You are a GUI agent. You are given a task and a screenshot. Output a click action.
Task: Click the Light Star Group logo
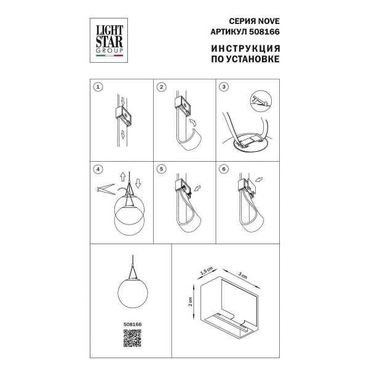[109, 40]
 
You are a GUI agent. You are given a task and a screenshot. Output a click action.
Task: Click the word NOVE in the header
[269, 21]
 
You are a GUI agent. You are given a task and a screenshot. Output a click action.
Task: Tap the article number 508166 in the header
[264, 32]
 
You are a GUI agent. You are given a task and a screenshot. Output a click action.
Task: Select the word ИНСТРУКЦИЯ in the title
[245, 49]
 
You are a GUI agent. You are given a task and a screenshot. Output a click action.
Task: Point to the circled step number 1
[98, 87]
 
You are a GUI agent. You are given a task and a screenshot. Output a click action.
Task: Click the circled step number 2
[161, 87]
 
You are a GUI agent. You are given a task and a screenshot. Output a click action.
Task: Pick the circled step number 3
[224, 87]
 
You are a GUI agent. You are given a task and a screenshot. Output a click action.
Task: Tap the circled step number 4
[98, 169]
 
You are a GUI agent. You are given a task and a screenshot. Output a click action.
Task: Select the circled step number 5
[161, 169]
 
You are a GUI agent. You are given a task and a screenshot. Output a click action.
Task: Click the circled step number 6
[224, 169]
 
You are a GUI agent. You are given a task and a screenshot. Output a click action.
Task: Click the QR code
[132, 338]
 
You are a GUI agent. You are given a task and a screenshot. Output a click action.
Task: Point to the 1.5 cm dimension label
[207, 271]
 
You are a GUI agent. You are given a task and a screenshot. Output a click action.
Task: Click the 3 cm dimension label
[243, 275]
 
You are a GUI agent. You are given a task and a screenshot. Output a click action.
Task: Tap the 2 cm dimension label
[190, 301]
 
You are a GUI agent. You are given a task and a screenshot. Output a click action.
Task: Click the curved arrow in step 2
[193, 123]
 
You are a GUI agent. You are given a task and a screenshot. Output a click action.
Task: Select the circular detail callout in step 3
[261, 101]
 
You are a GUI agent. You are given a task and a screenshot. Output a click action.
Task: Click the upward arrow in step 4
[122, 177]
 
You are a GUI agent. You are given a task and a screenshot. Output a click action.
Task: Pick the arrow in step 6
[259, 180]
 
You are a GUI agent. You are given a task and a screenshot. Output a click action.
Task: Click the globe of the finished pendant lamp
[133, 293]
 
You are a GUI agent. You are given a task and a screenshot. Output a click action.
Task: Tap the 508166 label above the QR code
[132, 324]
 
